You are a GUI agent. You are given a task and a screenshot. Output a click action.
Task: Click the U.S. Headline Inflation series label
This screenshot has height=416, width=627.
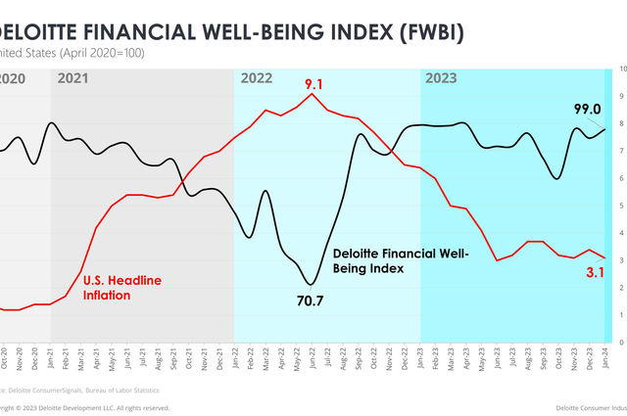pyautogui.click(x=122, y=260)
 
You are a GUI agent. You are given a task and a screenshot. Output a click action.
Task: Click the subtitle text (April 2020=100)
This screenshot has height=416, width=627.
pyautogui.click(x=101, y=53)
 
